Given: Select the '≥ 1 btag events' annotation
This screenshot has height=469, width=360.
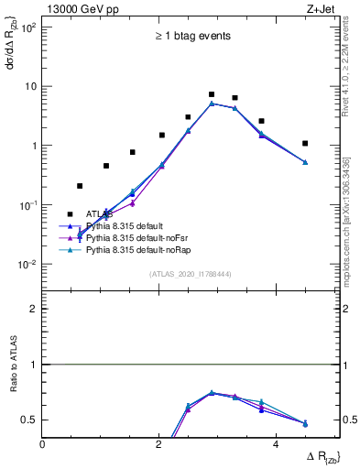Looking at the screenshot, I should click(191, 37).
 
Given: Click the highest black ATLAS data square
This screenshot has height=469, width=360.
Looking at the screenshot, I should click(212, 94).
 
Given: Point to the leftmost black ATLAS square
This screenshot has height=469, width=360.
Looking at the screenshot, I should click(80, 186).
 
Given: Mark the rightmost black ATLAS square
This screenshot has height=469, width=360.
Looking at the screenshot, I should click(305, 143).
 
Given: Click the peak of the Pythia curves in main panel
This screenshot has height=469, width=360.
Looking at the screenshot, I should click(212, 104).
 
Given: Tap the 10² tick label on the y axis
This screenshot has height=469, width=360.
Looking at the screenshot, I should click(27, 27).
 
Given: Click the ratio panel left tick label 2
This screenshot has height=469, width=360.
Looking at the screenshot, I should click(34, 309).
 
